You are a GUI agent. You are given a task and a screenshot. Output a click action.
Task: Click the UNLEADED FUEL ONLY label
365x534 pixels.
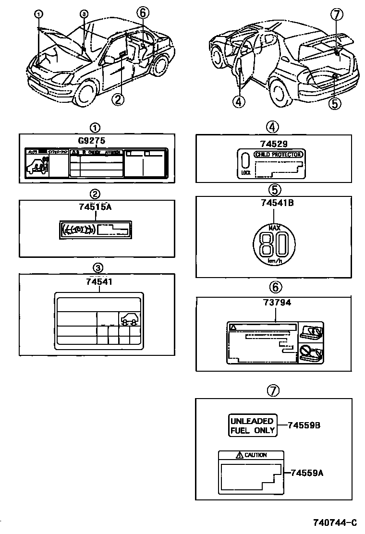click(x=252, y=425)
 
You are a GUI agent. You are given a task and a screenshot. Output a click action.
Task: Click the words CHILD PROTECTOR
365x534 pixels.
click(x=279, y=155)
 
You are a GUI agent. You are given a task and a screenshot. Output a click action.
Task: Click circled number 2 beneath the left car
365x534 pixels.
click(x=118, y=99)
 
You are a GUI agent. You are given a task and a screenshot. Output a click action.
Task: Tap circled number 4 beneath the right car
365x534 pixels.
click(x=238, y=101)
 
